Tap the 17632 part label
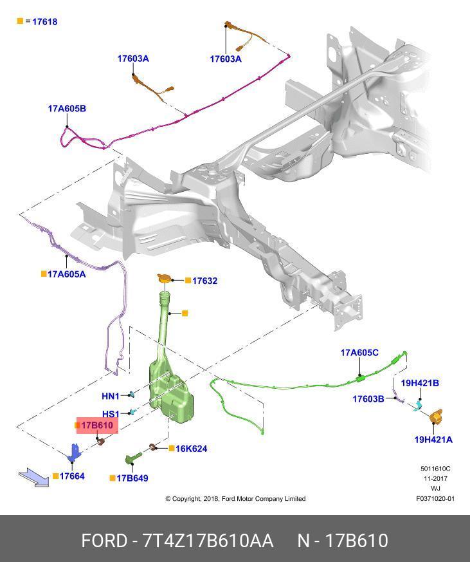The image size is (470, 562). coord(204,281)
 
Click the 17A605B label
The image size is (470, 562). coord(67,109)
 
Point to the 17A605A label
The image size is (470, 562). coord(66,274)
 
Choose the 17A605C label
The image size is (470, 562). coord(359,353)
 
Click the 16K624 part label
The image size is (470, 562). coord(191,449)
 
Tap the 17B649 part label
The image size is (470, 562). coord(133,478)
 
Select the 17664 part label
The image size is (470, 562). coord(71,476)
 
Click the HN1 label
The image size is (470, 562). coord(111,396)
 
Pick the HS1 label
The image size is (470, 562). coord(111,414)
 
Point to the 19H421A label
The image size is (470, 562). coord(433,440)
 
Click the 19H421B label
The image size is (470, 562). coord(420,383)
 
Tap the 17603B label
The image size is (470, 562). coord(368,399)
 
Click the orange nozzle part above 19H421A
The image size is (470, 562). coord(437,417)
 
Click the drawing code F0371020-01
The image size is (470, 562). coord(435,498)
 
